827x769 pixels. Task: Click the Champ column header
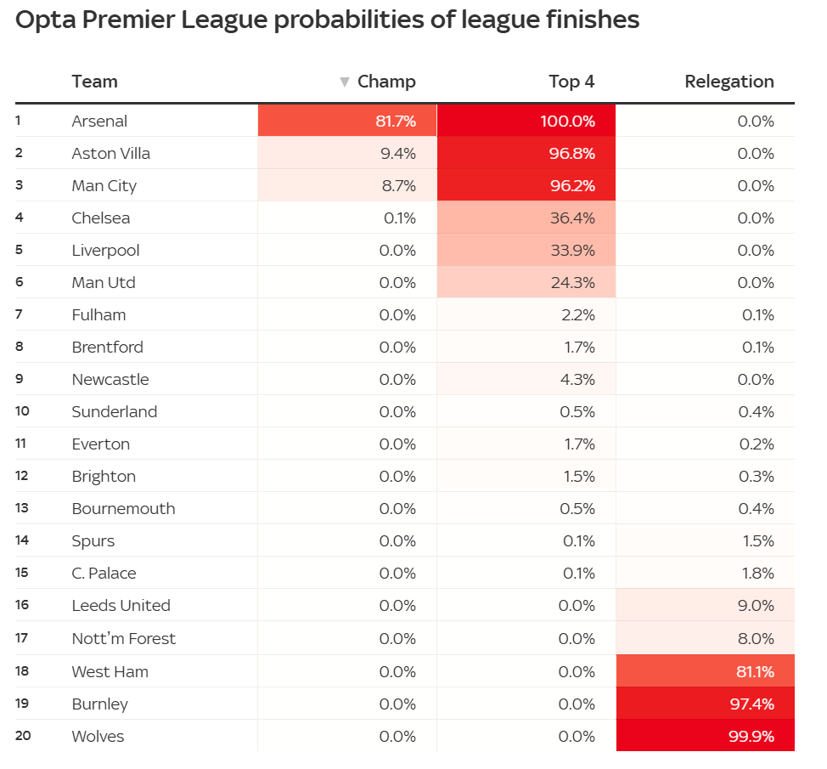(386, 82)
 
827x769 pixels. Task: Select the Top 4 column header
(571, 82)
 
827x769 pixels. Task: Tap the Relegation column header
(729, 82)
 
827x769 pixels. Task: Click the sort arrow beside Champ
(344, 82)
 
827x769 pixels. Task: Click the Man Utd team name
(104, 283)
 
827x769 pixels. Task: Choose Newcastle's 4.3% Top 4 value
(575, 380)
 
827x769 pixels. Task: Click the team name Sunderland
(115, 412)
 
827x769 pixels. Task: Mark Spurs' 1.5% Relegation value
(757, 541)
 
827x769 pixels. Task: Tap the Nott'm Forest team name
(124, 638)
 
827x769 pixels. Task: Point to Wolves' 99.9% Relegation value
(751, 737)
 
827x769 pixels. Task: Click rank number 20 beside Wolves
(23, 736)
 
